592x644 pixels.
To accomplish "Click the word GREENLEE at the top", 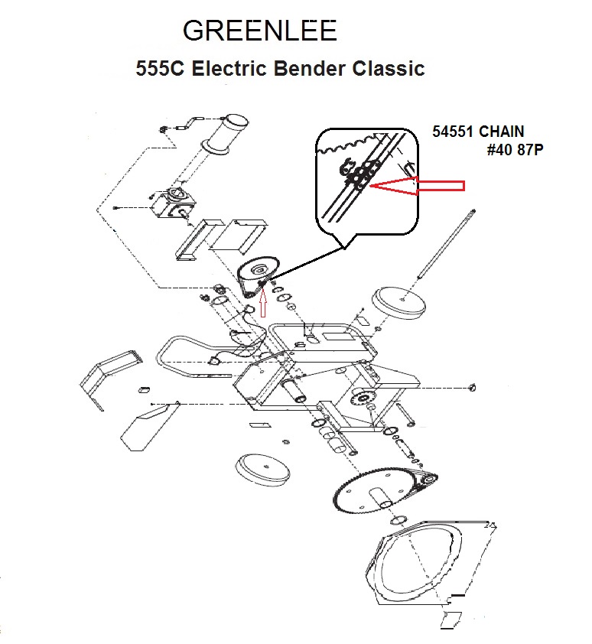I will pyautogui.click(x=260, y=31).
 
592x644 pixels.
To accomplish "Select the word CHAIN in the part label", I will pyautogui.click(x=502, y=132).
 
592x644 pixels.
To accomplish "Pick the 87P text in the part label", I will pyautogui.click(x=530, y=150).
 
